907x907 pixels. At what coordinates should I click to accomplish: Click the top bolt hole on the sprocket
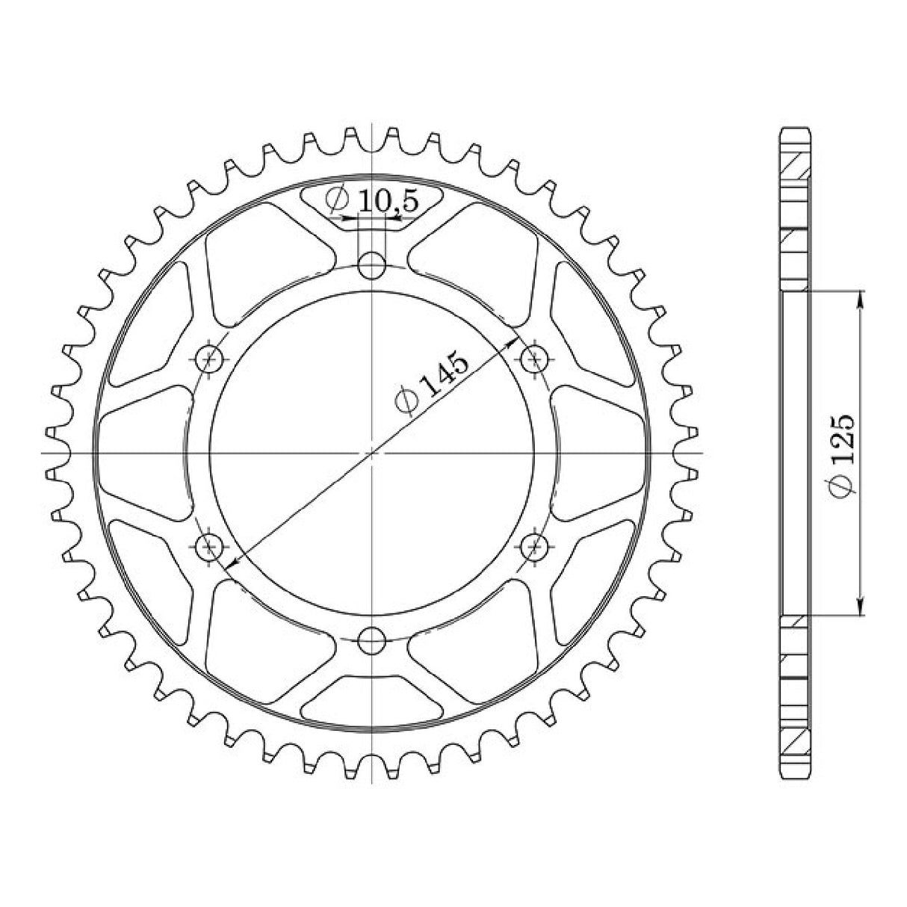[371, 264]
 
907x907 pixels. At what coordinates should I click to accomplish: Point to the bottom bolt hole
[371, 640]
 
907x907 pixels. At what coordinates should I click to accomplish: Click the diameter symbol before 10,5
[338, 199]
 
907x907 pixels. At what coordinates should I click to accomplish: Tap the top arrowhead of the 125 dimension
[861, 297]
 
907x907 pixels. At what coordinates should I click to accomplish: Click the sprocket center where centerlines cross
[371, 453]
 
